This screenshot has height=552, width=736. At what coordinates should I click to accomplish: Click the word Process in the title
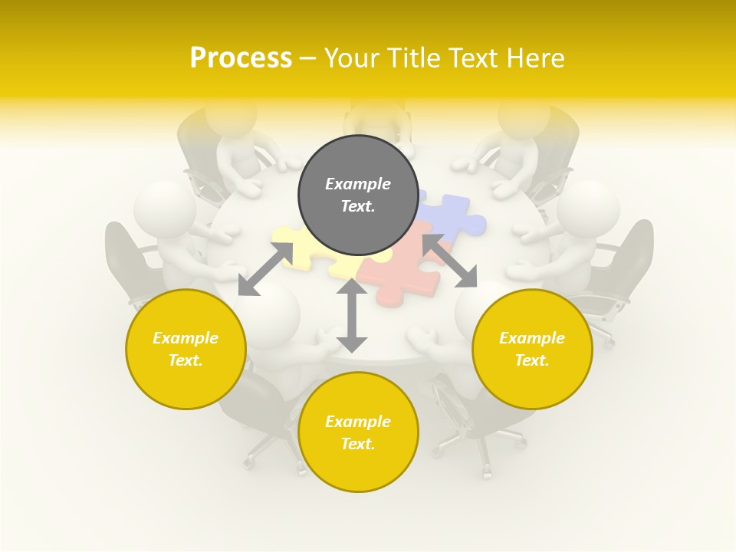[241, 58]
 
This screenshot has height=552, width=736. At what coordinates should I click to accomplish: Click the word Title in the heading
[411, 58]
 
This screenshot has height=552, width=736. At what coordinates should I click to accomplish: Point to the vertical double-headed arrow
[352, 315]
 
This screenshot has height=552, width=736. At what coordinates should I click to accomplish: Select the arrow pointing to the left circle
[265, 269]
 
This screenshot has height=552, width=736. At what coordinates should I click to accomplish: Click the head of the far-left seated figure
[163, 209]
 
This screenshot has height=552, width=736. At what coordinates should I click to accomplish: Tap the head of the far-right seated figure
[588, 209]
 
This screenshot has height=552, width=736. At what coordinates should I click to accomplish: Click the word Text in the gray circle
[357, 206]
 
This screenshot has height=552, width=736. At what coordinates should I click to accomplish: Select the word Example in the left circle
[186, 338]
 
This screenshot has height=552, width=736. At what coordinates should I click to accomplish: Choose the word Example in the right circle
[532, 338]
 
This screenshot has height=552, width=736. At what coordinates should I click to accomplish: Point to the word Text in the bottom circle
[357, 444]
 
